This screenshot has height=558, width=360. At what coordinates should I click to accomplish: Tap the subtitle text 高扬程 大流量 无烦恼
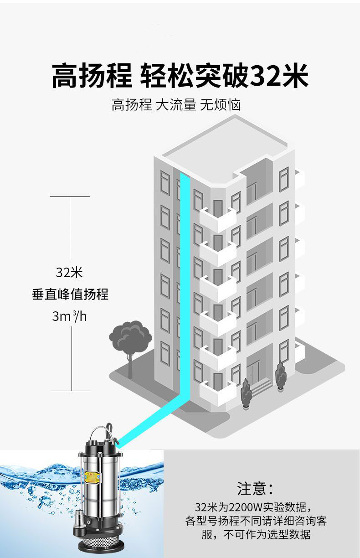[176, 105]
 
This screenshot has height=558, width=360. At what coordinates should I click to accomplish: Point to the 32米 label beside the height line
[69, 273]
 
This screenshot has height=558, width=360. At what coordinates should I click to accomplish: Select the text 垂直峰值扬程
[70, 294]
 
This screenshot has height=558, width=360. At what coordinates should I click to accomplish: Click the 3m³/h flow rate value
[69, 316]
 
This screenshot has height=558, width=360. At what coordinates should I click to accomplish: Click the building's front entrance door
[253, 372]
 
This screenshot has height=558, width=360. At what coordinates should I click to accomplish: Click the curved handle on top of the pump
[101, 431]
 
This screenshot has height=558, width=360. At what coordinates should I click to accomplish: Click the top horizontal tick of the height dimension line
[70, 197]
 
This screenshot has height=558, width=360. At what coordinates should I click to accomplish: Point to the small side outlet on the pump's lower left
[79, 518]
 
